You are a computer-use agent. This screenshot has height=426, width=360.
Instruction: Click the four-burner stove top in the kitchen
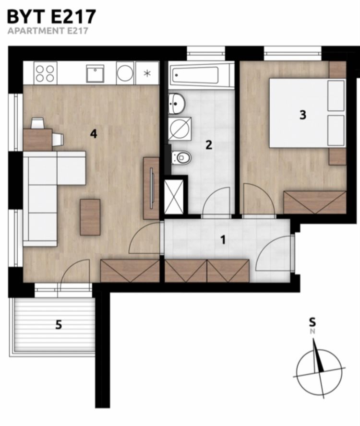point(45,73)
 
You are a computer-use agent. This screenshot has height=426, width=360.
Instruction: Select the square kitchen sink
point(95,73)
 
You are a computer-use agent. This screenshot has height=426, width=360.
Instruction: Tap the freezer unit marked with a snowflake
point(147,73)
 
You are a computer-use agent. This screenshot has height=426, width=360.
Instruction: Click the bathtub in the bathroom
point(201,75)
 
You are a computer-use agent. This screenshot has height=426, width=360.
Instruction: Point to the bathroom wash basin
point(177,104)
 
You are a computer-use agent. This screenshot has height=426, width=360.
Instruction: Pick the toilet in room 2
point(181,157)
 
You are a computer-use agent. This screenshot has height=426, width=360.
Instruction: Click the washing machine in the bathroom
point(180,129)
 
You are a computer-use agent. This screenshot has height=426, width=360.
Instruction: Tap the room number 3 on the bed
point(303,115)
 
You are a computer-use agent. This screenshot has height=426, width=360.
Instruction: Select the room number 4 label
point(94,134)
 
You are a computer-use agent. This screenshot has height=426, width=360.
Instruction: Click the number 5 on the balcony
point(59,325)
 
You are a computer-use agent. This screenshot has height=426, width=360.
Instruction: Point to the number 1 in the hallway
point(223,240)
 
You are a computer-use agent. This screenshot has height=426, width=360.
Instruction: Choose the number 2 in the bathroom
point(208,145)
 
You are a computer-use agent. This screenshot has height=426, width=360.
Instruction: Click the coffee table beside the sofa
point(90,217)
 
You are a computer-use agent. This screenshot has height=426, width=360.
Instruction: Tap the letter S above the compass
point(312,322)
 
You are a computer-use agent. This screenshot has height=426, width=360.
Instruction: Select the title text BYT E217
point(52,17)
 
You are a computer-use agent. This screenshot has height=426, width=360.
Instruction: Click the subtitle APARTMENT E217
point(48,31)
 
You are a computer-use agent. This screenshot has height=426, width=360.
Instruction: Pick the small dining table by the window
point(38,140)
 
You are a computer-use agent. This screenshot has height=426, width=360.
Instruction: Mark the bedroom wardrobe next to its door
point(315,202)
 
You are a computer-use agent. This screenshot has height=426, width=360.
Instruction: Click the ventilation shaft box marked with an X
point(174,196)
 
